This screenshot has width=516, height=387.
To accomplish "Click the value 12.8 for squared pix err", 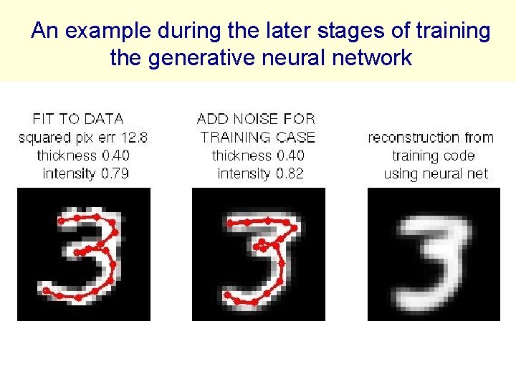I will click(135, 137).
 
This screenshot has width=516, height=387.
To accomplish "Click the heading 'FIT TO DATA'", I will click(78, 119).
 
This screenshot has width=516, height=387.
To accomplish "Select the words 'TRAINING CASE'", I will click(258, 137).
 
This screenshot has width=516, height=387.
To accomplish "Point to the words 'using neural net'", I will click(435, 173).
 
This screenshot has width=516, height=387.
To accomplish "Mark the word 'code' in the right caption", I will click(459, 156).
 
